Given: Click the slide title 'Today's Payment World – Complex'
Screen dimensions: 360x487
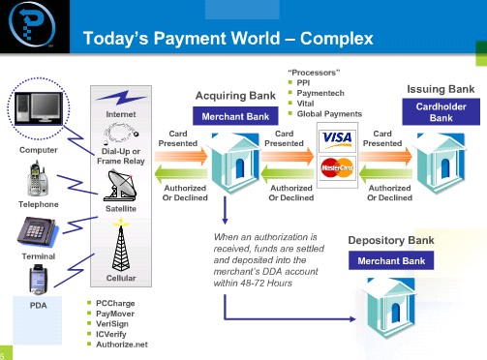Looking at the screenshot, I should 228,39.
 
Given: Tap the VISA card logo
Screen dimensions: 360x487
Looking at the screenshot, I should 336,138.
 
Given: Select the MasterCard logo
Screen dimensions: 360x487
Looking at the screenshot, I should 336,166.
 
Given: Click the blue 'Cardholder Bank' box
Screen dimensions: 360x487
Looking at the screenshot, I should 441,111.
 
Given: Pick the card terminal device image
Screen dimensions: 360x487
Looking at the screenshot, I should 36,230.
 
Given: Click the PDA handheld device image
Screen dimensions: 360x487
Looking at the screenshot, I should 36,281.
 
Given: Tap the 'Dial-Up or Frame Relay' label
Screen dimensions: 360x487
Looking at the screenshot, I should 120,156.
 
